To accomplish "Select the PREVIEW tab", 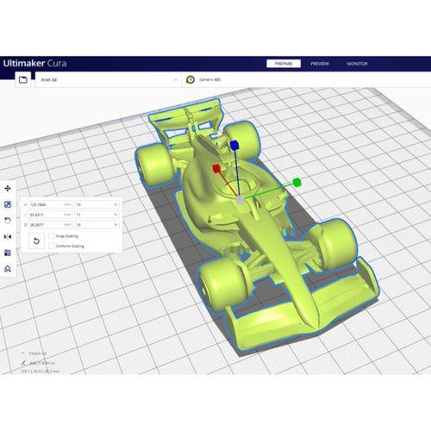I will pos(320,64).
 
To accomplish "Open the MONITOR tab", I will pos(357,64).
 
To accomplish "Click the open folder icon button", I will pos(22,79).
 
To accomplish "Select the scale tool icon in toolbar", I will pos(8,204).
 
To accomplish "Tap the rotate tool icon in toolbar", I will pos(8,221).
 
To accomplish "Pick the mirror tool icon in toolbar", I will pos(8,236).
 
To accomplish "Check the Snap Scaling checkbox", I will pos(51,234).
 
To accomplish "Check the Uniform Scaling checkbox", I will pos(51,246).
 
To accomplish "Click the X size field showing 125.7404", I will pos(43,203).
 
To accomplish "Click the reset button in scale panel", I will pos(37,240).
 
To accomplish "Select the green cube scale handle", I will pos(297,182).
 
